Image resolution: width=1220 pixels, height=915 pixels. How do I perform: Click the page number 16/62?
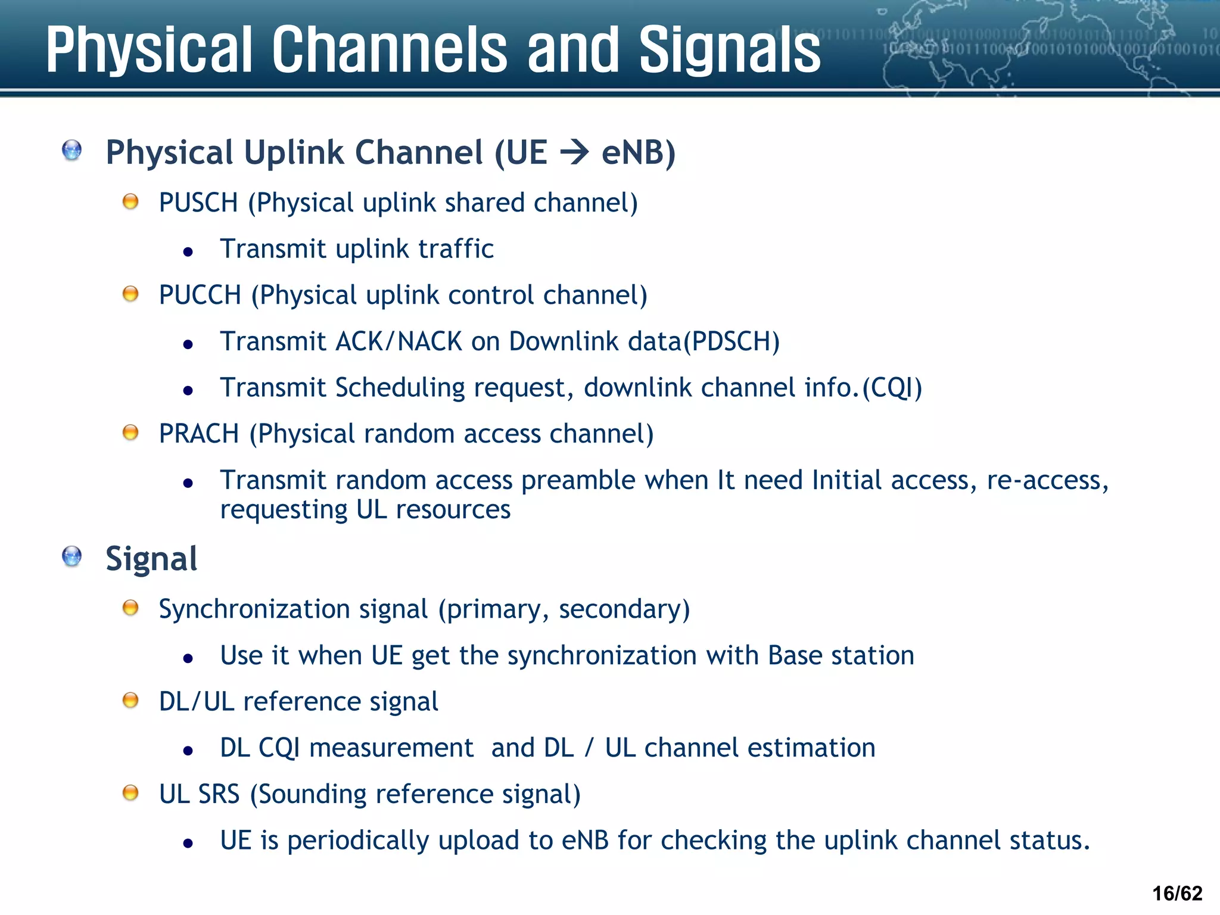tap(1177, 893)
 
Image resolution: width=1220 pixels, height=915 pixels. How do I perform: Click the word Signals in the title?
tap(729, 50)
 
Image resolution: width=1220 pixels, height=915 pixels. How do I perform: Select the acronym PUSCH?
tap(198, 203)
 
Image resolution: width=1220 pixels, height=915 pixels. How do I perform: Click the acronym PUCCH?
tap(200, 295)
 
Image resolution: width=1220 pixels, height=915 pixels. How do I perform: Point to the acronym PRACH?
tap(199, 434)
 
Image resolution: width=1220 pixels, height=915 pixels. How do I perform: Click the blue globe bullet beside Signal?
tap(72, 557)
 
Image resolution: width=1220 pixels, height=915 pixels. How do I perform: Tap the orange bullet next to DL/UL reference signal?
tap(130, 700)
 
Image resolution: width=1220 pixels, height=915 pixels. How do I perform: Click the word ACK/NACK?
tap(399, 342)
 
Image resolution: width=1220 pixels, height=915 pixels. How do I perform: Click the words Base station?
tap(841, 656)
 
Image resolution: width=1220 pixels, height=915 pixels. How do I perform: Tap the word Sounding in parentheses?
tap(310, 795)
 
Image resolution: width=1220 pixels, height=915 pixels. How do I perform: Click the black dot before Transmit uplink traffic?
tap(188, 252)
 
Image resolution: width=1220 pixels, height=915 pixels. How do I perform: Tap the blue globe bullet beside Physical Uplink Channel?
tap(72, 150)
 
